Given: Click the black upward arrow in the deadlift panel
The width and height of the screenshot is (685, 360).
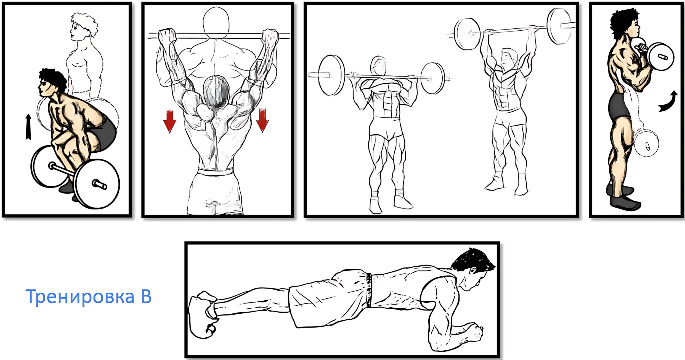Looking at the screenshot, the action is point(28,127).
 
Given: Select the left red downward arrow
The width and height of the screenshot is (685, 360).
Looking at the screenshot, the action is point(169,121).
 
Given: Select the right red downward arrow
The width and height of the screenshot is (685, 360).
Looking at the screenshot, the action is point(262,121).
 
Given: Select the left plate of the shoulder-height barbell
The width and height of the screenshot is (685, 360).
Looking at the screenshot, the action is point(331,75).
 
